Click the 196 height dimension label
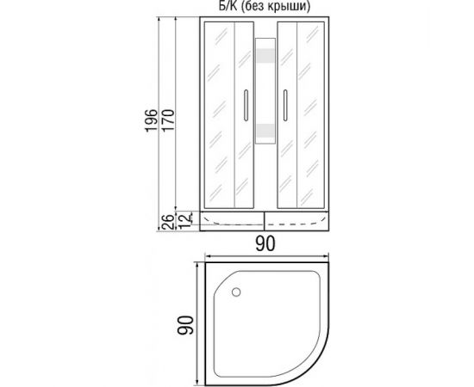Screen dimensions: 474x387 pyautogui.click(x=151, y=120)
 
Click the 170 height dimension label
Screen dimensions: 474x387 pyautogui.click(x=168, y=120)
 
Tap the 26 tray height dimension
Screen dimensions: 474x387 pyautogui.click(x=167, y=222)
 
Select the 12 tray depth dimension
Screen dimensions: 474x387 pyautogui.click(x=185, y=219)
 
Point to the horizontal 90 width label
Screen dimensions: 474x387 pyautogui.click(x=265, y=243)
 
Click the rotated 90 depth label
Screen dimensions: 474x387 pyautogui.click(x=185, y=325)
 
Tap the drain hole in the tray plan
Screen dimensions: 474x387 pyautogui.click(x=236, y=292)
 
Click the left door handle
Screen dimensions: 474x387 pyautogui.click(x=246, y=105)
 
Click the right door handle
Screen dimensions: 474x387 pyautogui.click(x=285, y=105)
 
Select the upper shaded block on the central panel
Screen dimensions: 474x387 pyautogui.click(x=265, y=55)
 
